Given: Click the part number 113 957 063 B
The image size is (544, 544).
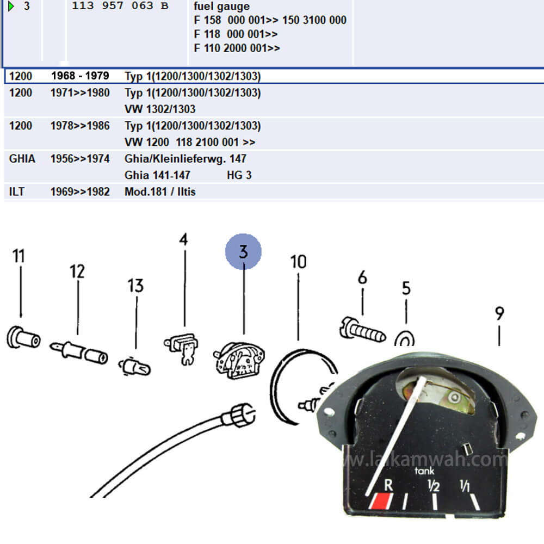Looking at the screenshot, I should click(120, 7).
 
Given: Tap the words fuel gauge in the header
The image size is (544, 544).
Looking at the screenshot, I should click(222, 7).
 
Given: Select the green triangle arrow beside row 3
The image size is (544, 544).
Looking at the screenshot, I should click(10, 7).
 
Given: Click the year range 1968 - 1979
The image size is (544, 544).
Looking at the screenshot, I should click(80, 76).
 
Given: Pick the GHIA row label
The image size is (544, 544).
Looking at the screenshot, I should click(22, 159).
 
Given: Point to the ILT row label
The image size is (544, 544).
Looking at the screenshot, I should click(17, 191).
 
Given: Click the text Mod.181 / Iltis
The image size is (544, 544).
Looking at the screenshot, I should click(160, 191).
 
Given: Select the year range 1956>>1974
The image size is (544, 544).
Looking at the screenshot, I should click(80, 159).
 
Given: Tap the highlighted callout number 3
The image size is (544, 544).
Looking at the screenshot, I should click(244, 252).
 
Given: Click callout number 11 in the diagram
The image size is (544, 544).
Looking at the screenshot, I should click(19, 256).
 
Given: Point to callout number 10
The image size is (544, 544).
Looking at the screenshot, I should click(298, 262).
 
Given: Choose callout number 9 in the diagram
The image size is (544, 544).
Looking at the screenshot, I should click(499, 313).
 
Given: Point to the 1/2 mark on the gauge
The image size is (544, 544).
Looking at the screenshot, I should click(434, 486).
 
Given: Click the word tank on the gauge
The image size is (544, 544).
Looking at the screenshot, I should click(425, 471).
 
